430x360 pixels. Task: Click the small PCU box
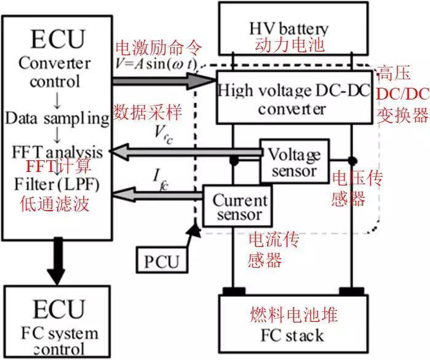(x=161, y=262)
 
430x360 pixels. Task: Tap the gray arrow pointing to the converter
(x=163, y=80)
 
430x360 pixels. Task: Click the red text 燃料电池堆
(x=289, y=315)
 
